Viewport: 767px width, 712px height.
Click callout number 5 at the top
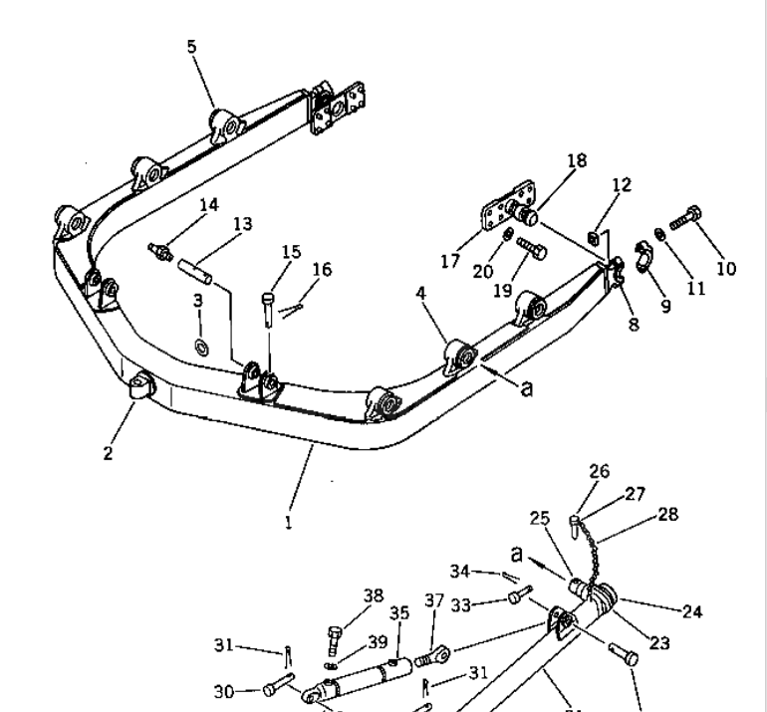point(192,47)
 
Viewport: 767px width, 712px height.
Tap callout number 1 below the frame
point(288,521)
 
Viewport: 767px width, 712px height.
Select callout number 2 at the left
point(108,454)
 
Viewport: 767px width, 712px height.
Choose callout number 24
point(691,611)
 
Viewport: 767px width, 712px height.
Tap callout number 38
point(373,595)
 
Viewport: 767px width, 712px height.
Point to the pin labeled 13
point(194,268)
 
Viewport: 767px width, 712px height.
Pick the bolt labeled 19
point(531,247)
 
